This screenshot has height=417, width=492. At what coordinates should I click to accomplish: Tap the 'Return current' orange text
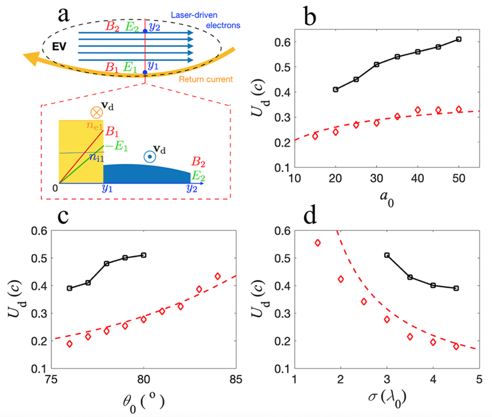click(207, 80)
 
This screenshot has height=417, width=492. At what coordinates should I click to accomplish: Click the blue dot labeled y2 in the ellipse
click(145, 31)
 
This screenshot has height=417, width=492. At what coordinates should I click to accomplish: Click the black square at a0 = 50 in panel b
click(459, 39)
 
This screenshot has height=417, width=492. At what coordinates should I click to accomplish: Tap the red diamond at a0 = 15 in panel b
click(315, 136)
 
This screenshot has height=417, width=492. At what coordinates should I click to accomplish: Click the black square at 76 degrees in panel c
click(69, 288)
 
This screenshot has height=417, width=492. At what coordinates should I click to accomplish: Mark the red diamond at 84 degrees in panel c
click(218, 276)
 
